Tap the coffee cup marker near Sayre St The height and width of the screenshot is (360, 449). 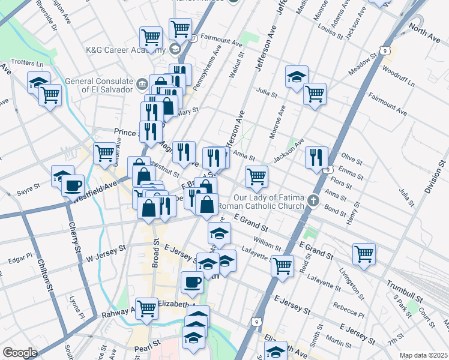(73, 185)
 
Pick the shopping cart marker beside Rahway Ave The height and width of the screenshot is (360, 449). (146, 308)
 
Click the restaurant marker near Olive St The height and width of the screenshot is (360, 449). (316, 157)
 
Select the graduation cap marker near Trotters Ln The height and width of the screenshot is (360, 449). (38, 82)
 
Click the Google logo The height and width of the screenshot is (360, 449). (20, 353)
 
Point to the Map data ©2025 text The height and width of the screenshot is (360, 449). (423, 355)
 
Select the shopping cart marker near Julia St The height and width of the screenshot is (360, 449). (315, 94)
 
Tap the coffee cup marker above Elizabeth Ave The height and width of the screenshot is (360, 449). (193, 281)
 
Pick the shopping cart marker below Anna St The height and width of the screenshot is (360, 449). (256, 176)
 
